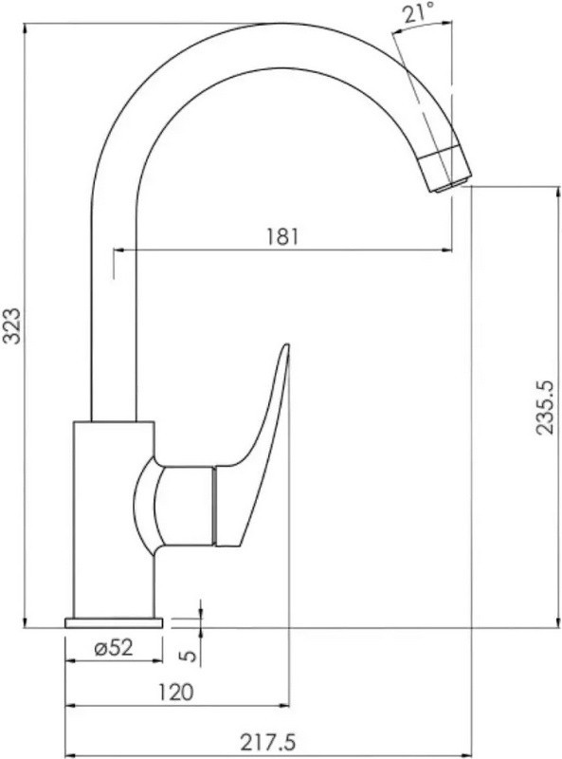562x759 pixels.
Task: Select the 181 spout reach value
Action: pos(282,236)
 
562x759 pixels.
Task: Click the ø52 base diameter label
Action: pos(113,647)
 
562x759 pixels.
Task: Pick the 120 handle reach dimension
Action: pos(176,693)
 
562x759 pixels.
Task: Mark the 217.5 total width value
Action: pos(267,741)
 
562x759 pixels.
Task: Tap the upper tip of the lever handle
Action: pos(287,345)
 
